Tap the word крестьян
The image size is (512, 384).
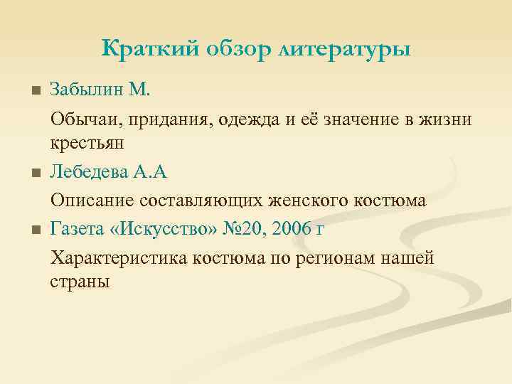pyautogui.click(x=87, y=143)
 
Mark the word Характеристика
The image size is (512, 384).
pyautogui.click(x=119, y=259)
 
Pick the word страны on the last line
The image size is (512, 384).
pyautogui.click(x=80, y=282)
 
